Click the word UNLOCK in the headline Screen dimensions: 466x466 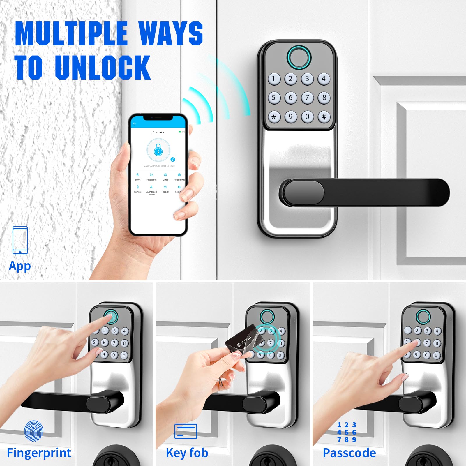(103, 68)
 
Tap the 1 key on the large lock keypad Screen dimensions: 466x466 (274, 79)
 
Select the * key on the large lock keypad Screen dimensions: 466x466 (274, 117)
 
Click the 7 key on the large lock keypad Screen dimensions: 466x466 (307, 98)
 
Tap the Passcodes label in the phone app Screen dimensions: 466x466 (151, 180)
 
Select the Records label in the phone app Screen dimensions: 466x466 (165, 192)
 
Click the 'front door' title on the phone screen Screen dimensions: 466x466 (158, 132)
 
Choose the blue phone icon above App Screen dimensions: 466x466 (20, 240)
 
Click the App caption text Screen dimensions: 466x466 (20, 266)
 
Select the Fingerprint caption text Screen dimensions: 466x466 (39, 453)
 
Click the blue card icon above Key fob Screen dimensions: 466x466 (186, 431)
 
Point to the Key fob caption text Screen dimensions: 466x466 (187, 453)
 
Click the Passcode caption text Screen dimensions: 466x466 (349, 453)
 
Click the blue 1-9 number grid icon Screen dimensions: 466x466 (347, 432)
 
